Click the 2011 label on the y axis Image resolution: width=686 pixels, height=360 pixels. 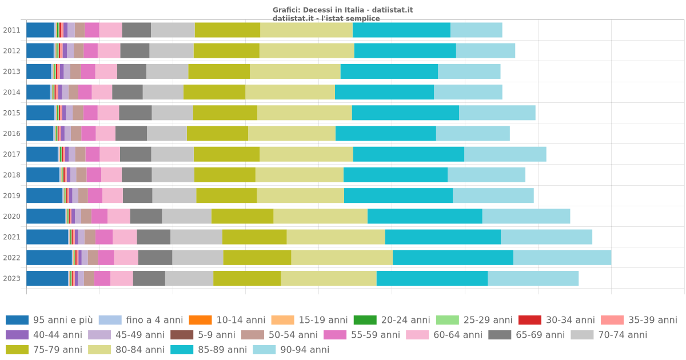coord(11,30)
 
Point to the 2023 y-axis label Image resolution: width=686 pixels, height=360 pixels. coord(11,278)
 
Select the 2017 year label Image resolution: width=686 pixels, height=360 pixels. coord(11,154)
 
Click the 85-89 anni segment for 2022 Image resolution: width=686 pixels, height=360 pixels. coord(453,258)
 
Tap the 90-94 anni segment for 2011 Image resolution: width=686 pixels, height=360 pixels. coord(476,30)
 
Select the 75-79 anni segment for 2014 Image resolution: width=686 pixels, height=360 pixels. coord(214,92)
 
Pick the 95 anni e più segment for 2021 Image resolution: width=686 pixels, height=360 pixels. coord(47,237)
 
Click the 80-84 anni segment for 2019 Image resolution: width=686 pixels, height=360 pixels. coord(300,195)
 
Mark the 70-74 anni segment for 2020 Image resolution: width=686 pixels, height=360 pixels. coord(186,217)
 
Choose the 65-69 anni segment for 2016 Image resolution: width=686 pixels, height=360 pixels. coord(131,134)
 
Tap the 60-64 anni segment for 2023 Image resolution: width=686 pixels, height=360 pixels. coord(122,278)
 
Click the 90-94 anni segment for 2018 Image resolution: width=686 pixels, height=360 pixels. coord(486,175)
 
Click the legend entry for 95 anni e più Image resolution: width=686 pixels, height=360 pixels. coord(49,320)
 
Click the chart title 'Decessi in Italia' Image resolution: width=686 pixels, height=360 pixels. coord(342,10)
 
